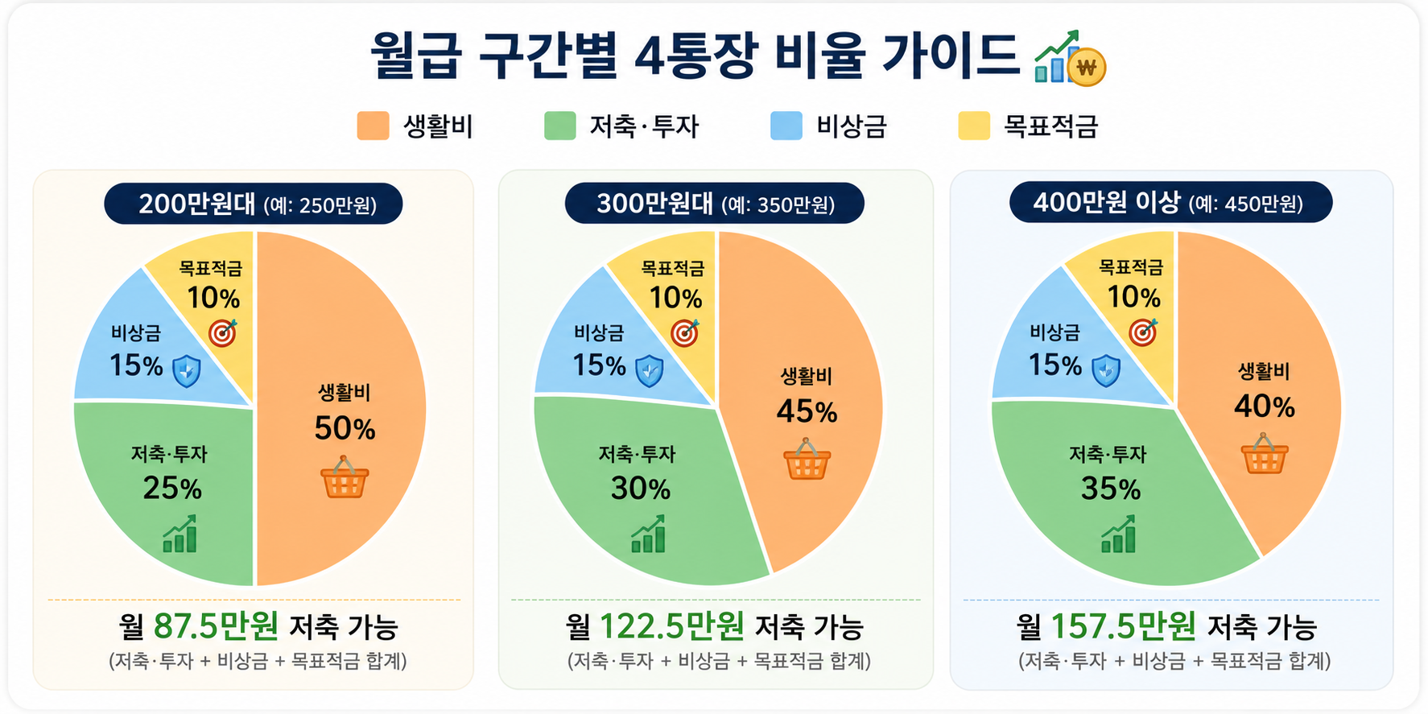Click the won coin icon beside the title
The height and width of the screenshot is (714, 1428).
pos(1086,67)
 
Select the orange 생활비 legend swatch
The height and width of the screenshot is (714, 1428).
pos(373,126)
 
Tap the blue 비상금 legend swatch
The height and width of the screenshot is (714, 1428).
pos(786,126)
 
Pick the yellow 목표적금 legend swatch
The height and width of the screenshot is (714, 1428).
pos(974,126)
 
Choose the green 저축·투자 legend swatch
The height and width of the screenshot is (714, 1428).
pos(560,126)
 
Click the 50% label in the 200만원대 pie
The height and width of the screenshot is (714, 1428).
pos(345,428)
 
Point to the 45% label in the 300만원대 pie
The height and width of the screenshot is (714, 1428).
pos(807,412)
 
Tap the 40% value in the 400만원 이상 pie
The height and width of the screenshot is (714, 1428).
pos(1265,407)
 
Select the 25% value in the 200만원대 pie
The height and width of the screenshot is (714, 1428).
pos(172,489)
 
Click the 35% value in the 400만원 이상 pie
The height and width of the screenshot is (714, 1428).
pos(1111,489)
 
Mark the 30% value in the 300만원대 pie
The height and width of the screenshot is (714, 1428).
pos(641,489)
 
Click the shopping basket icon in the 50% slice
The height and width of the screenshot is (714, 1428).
pos(345,477)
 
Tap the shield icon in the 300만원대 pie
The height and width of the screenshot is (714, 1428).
pos(650,371)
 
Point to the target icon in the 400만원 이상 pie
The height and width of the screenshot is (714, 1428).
pos(1143,332)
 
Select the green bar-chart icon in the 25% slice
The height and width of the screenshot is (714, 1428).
pos(180,534)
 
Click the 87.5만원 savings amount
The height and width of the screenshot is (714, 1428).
pos(216,625)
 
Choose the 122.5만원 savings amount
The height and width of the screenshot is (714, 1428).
pos(672,625)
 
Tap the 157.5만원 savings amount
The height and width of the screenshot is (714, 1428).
pos(1124,625)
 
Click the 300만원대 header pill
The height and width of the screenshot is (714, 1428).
pos(715,204)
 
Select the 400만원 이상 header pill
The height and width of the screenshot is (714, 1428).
pos(1171,203)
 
